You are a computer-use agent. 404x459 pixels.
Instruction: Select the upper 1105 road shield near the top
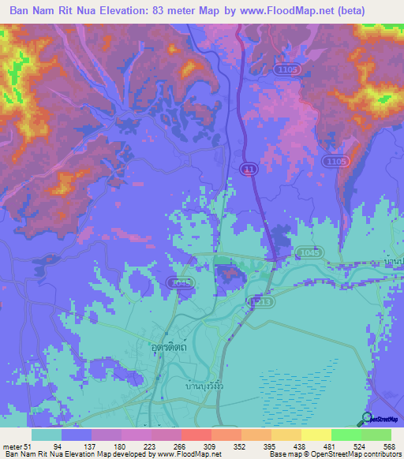(x=288, y=71)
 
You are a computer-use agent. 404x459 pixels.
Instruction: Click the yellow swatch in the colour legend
(x=315, y=435)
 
